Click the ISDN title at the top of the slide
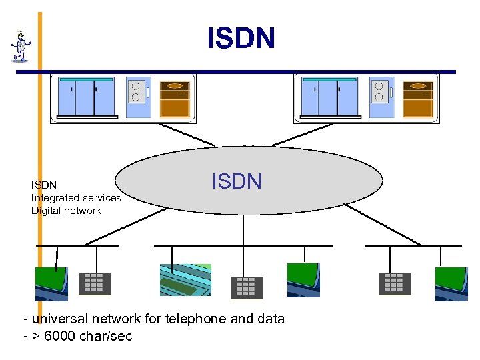(x=241, y=39)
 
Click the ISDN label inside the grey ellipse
(x=237, y=181)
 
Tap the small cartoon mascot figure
(x=21, y=47)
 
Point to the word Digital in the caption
(x=46, y=211)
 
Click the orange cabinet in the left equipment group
(x=175, y=99)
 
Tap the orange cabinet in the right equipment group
(x=418, y=99)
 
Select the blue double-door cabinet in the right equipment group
(x=329, y=97)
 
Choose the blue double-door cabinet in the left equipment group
(x=85, y=97)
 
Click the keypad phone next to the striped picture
(x=247, y=287)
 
